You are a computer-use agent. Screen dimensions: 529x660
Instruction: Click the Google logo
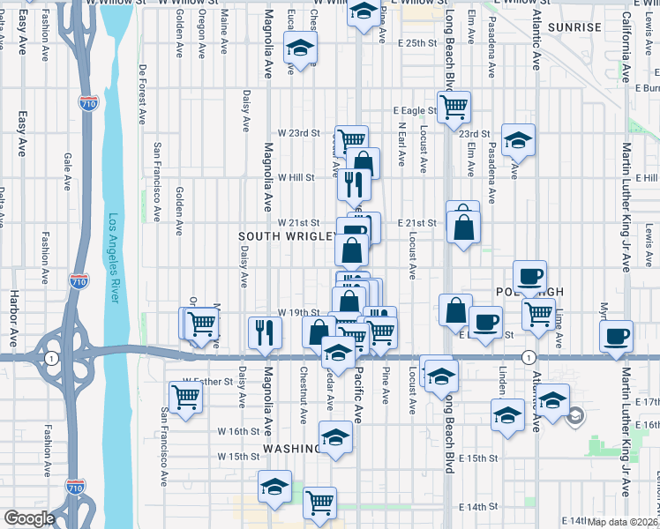pos(30,518)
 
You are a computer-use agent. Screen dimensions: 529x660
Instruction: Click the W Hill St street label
pos(296,177)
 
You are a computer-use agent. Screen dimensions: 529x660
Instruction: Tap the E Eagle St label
pos(415,111)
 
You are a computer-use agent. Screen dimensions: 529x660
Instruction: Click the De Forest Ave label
pos(142,93)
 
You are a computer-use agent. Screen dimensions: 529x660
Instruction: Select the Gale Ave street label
pos(68,171)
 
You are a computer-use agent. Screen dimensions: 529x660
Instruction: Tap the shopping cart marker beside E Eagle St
pos(454,106)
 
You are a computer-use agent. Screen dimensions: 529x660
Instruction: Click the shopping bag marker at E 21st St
pos(463,226)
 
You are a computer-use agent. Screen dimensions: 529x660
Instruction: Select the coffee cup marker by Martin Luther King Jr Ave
pos(616,336)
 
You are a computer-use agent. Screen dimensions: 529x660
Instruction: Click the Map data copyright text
pos(624,521)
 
